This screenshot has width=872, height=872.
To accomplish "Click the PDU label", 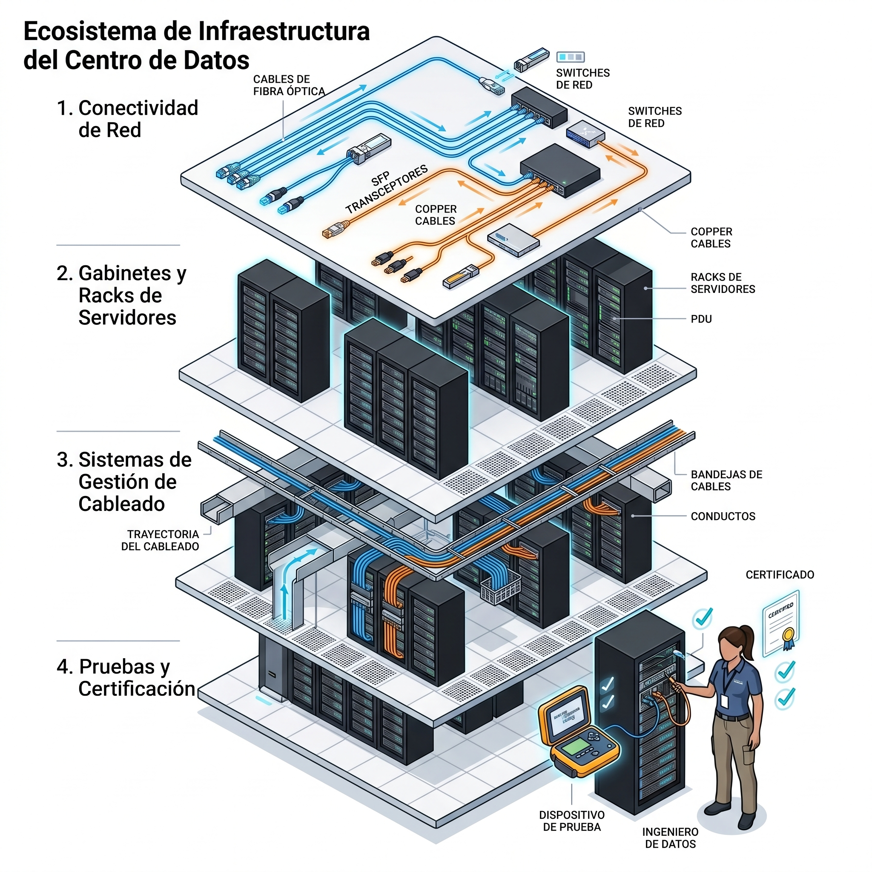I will click(x=701, y=319).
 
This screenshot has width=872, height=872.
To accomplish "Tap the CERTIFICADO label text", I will click(x=780, y=574).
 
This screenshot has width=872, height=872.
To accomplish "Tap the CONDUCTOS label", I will click(x=723, y=516).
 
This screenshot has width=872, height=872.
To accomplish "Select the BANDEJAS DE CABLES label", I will click(x=726, y=480).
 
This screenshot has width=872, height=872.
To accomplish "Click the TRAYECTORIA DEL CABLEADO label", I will click(x=161, y=540).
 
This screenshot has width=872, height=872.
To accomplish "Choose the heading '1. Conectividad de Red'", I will click(x=127, y=119).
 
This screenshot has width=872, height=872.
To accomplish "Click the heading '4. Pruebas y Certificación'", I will click(x=126, y=677).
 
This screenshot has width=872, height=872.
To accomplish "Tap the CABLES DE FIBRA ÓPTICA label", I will click(x=289, y=85).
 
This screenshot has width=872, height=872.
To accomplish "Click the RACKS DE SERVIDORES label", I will click(x=722, y=283).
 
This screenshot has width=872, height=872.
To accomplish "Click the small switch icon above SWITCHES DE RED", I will click(x=570, y=57).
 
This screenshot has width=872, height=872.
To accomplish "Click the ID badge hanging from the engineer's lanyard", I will click(x=724, y=701).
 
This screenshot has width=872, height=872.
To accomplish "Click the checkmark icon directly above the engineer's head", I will click(x=703, y=618).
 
